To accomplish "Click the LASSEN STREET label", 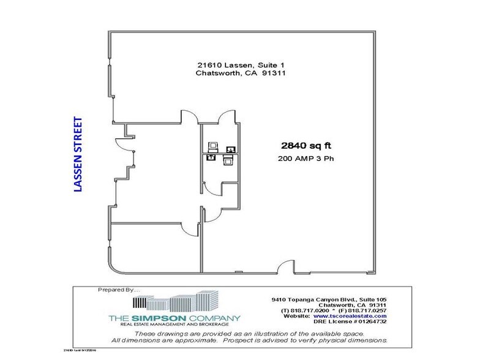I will coord(78,154).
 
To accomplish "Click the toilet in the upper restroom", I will coord(213,146).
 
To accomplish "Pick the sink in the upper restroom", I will coord(231,149).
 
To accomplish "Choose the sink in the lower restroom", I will coord(211,157).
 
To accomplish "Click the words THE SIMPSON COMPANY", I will coord(174,318).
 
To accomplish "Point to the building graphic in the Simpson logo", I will coord(178,302).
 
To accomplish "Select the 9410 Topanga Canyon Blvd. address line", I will coord(329,299).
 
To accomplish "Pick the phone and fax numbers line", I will coord(329,311).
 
